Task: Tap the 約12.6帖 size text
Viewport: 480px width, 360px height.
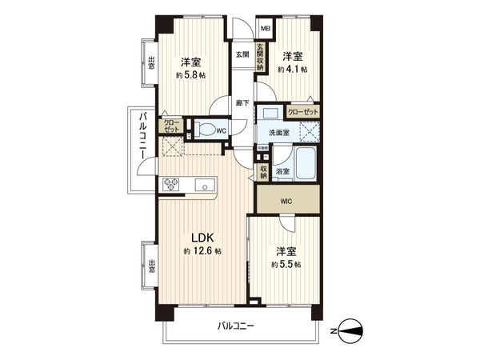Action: pyautogui.click(x=202, y=251)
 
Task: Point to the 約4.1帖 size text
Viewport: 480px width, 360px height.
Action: pyautogui.click(x=293, y=70)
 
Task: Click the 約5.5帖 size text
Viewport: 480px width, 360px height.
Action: pyautogui.click(x=286, y=264)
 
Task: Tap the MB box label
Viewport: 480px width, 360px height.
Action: pyautogui.click(x=265, y=29)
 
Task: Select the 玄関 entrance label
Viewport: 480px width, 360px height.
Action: pyautogui.click(x=242, y=54)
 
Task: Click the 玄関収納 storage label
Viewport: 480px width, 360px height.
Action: pyautogui.click(x=260, y=58)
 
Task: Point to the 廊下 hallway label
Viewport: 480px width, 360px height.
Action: pyautogui.click(x=242, y=102)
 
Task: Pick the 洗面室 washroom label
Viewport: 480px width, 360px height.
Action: pyautogui.click(x=279, y=133)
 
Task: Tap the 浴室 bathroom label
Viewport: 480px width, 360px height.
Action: pyautogui.click(x=282, y=171)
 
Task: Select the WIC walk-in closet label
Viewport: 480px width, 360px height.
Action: pyautogui.click(x=286, y=201)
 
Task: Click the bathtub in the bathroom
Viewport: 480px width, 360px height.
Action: pyautogui.click(x=306, y=165)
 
